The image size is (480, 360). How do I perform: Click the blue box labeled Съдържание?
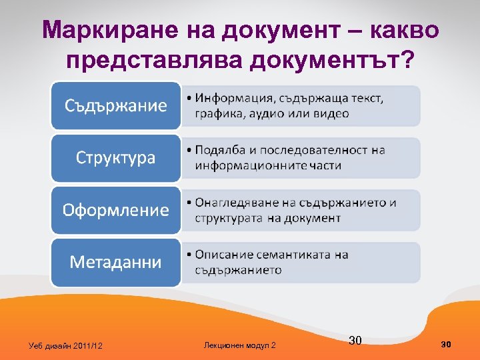click(x=116, y=106)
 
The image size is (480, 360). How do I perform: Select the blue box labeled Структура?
click(x=116, y=158)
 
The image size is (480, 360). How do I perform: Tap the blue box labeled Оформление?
click(x=116, y=210)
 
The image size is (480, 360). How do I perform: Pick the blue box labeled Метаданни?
click(x=116, y=262)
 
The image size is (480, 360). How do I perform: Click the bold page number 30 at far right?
click(x=447, y=344)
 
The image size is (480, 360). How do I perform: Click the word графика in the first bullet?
click(x=217, y=113)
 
